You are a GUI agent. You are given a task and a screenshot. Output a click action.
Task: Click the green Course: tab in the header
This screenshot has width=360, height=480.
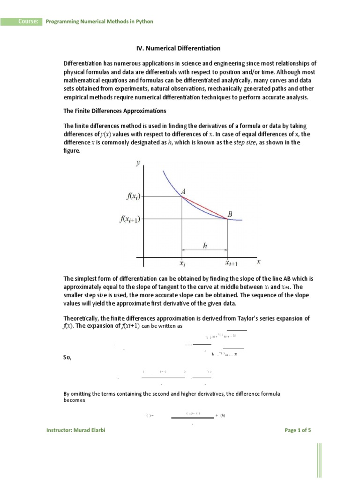click(x=27, y=22)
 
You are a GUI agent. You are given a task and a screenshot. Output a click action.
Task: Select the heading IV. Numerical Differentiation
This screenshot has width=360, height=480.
click(x=178, y=48)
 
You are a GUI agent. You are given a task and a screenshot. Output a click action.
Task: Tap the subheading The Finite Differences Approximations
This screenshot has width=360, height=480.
click(x=115, y=111)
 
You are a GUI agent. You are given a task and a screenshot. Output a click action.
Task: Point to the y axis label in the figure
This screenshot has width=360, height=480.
click(x=138, y=163)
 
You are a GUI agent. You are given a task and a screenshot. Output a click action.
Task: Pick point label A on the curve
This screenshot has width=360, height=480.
click(x=183, y=191)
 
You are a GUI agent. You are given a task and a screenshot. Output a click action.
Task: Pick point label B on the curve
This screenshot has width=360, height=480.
click(x=230, y=214)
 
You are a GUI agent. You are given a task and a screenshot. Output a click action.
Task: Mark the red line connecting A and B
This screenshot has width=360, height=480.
click(x=205, y=208)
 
